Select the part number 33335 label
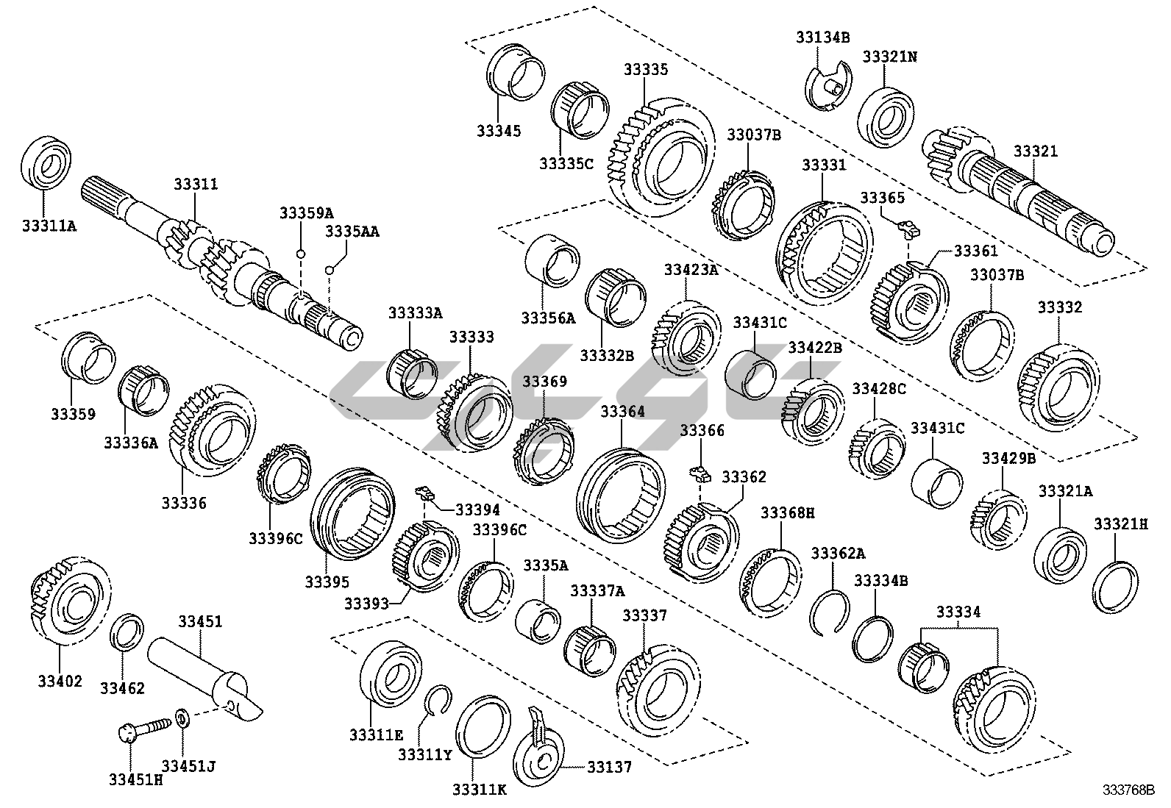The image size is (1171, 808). click(646, 70)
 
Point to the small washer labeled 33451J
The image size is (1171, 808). click(182, 715)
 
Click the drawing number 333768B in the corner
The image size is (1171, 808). click(1133, 790)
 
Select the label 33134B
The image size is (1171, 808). click(822, 36)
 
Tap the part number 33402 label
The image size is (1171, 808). click(60, 681)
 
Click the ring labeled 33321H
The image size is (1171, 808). click(1117, 586)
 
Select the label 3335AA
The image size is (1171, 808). click(352, 232)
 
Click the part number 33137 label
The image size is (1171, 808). click(608, 768)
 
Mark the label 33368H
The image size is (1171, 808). click(787, 512)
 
